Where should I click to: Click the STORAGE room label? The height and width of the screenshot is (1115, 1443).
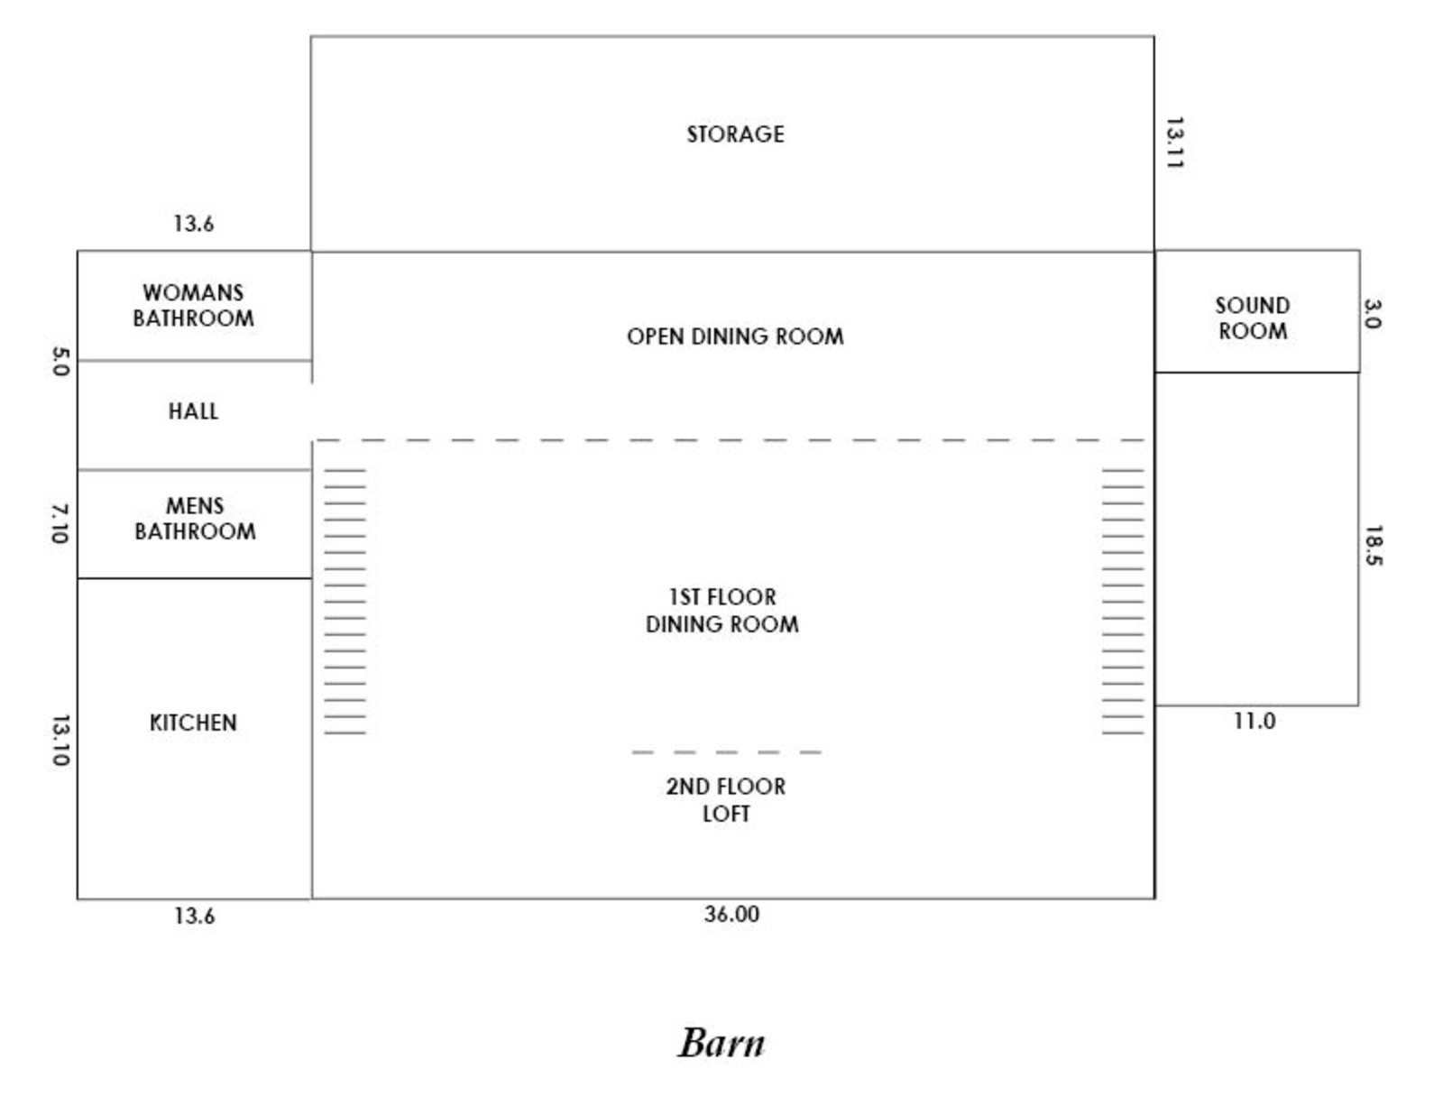(x=735, y=134)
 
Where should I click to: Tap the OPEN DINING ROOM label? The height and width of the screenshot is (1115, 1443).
(x=735, y=336)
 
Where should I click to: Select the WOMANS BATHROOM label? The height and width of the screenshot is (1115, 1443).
(x=193, y=306)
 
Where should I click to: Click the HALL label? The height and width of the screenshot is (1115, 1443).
(x=193, y=411)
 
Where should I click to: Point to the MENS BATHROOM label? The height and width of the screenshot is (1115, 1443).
(x=195, y=519)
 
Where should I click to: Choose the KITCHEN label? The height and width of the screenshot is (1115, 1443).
(x=193, y=723)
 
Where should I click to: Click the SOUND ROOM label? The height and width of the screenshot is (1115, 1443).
(x=1253, y=318)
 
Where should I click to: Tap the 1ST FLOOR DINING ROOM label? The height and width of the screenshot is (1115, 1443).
(x=722, y=611)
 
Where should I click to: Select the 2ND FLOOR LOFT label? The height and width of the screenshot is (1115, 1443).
(x=726, y=800)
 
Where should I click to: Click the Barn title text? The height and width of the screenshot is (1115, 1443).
(x=721, y=1043)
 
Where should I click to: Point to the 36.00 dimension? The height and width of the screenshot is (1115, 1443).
(x=731, y=915)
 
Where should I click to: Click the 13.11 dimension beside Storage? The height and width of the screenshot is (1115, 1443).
(x=1173, y=143)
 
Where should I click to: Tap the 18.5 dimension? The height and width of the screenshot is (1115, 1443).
(x=1373, y=546)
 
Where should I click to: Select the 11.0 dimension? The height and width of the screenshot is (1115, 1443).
(x=1255, y=722)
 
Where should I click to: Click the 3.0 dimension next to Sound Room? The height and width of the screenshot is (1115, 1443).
(x=1372, y=314)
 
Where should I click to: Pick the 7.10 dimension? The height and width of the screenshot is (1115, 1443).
(x=60, y=523)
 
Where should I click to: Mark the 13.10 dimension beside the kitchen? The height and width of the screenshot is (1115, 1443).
(x=60, y=741)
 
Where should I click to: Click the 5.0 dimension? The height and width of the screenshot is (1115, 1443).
(x=60, y=363)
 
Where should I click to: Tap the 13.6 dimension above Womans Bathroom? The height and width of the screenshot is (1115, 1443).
(x=194, y=224)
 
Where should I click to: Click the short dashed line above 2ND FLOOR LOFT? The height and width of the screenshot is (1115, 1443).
(x=727, y=752)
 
